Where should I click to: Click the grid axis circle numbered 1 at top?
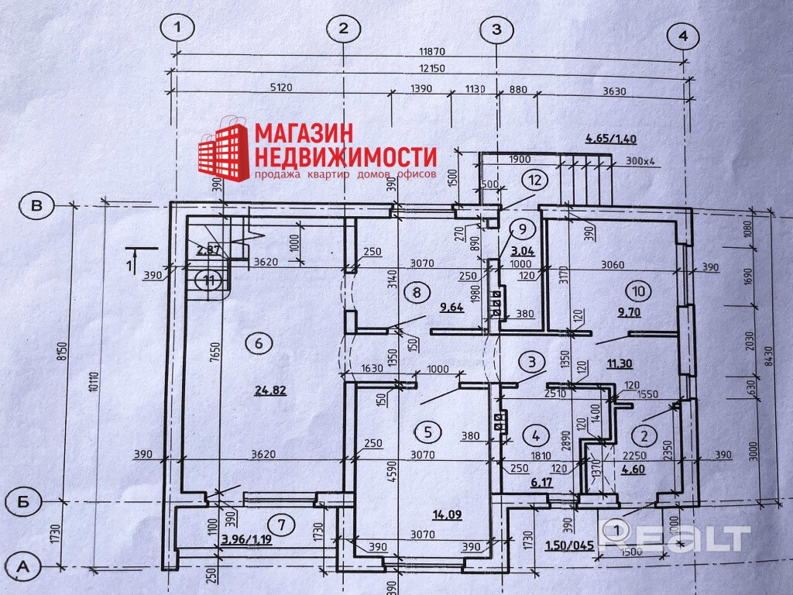tap(180, 29)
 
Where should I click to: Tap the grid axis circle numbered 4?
tap(682, 36)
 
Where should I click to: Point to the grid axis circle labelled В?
tap(35, 206)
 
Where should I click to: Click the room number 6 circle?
tap(259, 342)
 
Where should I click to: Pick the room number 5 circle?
tap(431, 431)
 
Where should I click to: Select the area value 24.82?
tap(270, 390)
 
